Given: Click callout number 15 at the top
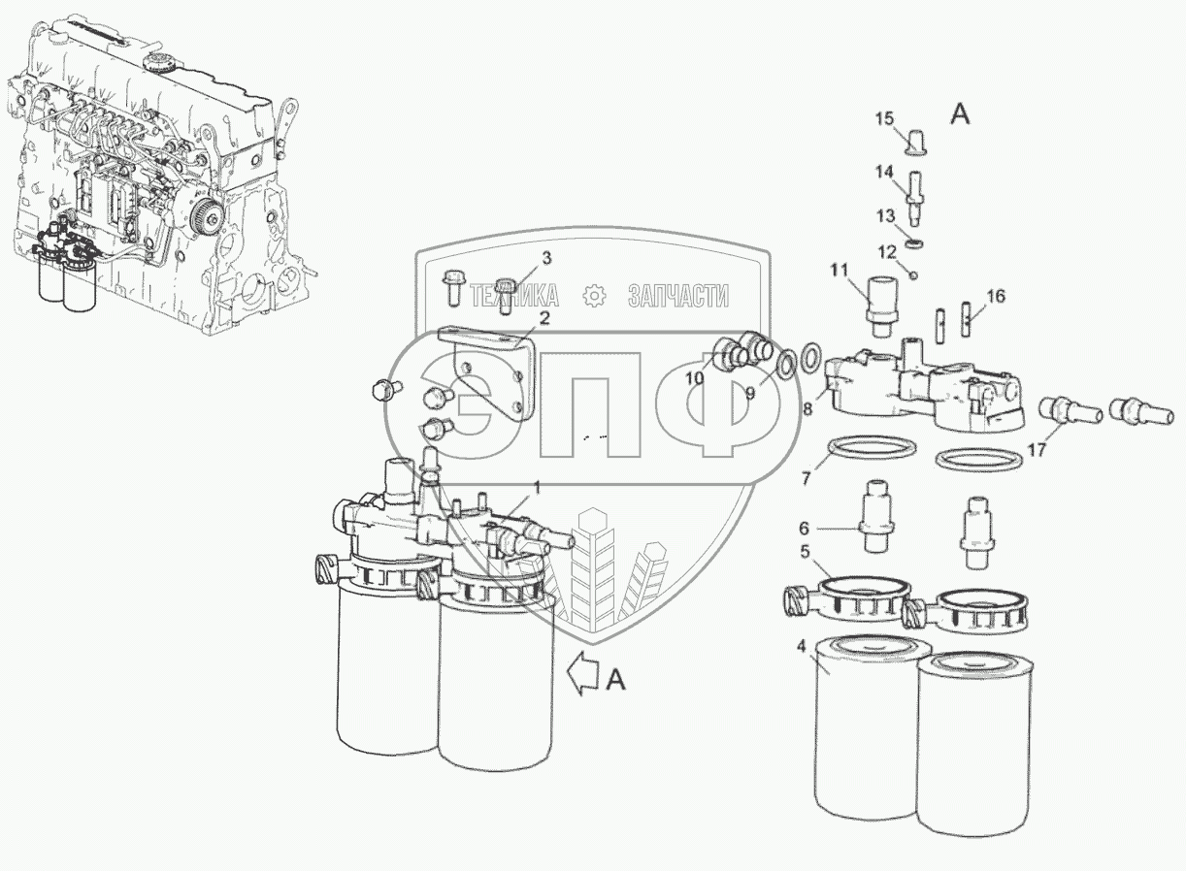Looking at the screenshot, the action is [884, 118].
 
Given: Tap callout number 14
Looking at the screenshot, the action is [884, 172].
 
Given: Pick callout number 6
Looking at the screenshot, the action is [803, 529].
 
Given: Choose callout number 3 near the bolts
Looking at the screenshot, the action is [546, 258].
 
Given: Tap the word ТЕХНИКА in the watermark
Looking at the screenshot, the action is [514, 296].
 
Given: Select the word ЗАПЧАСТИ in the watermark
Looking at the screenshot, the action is [677, 296].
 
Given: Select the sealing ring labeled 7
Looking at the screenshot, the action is [873, 451].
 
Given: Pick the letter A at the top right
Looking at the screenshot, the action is [959, 114].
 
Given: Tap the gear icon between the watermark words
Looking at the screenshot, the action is [594, 296].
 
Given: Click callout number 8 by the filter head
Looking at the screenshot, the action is [807, 409].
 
